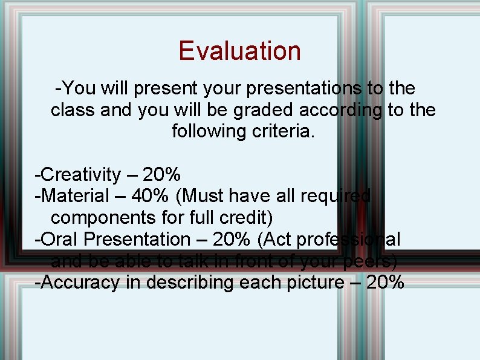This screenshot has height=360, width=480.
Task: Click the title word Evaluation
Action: (239, 51)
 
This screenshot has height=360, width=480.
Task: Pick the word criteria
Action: (283, 131)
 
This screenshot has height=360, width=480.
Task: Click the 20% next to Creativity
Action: (162, 175)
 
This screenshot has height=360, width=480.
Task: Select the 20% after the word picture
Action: (385, 283)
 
